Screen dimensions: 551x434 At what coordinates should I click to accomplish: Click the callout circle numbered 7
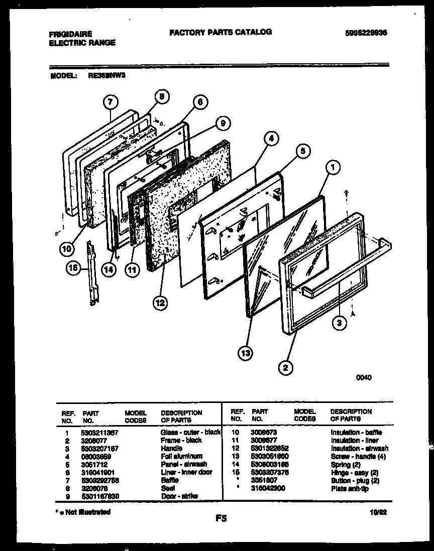point(112,102)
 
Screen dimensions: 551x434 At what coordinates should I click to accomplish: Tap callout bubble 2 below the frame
point(286,368)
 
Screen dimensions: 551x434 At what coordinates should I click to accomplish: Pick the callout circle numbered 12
point(161,303)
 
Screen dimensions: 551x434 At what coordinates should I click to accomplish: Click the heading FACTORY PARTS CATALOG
point(221,32)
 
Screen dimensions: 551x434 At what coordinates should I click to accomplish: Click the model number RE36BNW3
point(107,76)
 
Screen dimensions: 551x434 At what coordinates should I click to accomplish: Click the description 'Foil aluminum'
point(181,456)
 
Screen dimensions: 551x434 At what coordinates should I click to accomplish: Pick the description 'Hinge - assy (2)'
point(354,472)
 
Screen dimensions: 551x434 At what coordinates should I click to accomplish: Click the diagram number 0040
point(364,377)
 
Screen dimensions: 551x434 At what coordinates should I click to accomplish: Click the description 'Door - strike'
point(179,496)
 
